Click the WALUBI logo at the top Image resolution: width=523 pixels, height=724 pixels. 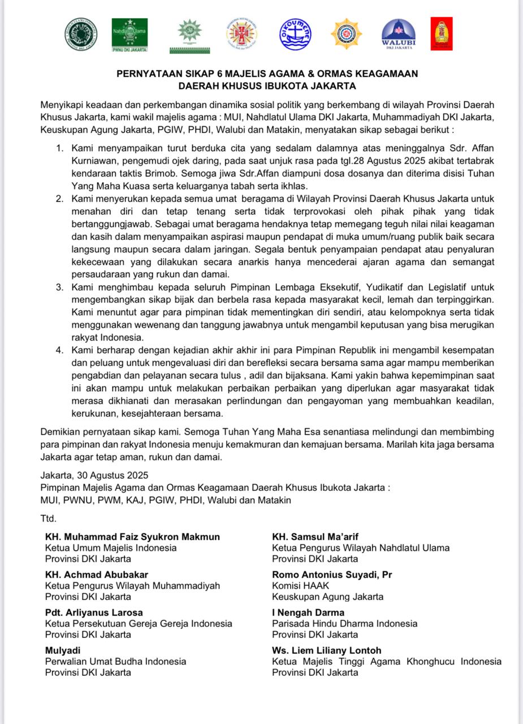(x=398, y=34)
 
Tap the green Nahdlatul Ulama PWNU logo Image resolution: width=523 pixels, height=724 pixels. (x=129, y=34)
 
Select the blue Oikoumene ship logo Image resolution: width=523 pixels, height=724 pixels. (x=295, y=34)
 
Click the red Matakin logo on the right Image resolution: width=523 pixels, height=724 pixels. (x=441, y=34)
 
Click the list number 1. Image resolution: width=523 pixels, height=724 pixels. (x=59, y=148)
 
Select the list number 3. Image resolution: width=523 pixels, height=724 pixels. (x=59, y=287)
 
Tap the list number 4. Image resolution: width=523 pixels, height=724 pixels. (x=59, y=350)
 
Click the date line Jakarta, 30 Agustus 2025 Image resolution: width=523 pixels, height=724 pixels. (x=94, y=476)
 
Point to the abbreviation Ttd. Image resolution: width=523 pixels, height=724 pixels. (x=49, y=518)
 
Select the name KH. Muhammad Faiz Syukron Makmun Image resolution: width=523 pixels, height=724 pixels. (x=132, y=537)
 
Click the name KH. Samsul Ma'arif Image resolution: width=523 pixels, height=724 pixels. (x=315, y=537)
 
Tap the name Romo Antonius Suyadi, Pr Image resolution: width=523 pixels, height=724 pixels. (x=332, y=575)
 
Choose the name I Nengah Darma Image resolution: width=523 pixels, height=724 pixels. (x=308, y=613)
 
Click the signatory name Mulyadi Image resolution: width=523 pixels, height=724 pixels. (x=63, y=650)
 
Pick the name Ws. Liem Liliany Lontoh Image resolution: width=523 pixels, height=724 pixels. (x=326, y=650)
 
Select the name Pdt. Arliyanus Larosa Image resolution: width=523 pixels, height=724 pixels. (x=94, y=613)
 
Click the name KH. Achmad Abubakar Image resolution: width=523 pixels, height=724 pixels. (x=97, y=575)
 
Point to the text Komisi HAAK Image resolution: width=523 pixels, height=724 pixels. (x=300, y=585)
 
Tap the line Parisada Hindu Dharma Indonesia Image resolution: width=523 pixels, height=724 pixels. (x=344, y=623)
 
